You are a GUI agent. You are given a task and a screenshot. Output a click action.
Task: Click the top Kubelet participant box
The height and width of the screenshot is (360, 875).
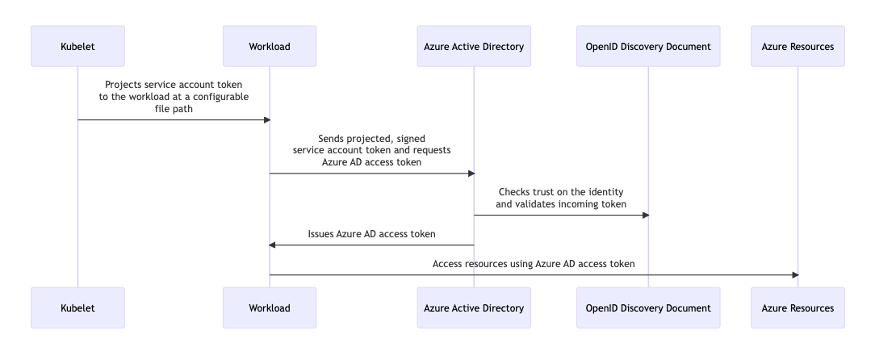77,46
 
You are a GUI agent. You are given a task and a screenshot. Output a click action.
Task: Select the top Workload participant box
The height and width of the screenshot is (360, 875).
270,46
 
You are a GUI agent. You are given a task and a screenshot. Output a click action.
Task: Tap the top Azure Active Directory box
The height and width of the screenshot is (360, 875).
474,46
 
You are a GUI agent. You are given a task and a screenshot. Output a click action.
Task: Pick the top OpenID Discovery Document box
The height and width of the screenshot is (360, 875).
648,46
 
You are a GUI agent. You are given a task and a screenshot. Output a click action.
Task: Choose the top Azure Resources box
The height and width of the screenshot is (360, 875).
798,46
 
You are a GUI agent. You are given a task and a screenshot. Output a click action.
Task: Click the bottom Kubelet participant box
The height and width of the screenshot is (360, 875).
77,308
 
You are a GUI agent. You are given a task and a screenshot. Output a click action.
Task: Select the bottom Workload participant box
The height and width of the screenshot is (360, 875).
270,308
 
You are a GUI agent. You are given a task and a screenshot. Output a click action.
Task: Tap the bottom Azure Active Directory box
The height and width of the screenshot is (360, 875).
474,308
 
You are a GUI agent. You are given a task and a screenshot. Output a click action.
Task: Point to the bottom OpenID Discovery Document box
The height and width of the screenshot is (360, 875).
648,308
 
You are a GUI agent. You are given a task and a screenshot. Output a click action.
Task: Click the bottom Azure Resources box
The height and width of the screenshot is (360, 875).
798,308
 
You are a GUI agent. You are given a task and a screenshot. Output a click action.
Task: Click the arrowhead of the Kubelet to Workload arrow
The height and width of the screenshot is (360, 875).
265,119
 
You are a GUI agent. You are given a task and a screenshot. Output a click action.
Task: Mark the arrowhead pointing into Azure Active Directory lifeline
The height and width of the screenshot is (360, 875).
469,173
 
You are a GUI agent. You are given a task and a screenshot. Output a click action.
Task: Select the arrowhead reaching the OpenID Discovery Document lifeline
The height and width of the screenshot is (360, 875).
643,215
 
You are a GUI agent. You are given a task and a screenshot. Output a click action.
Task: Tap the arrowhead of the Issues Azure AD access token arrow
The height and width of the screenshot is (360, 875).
274,245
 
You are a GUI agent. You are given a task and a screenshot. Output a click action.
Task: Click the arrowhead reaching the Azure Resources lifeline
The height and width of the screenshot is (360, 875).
793,274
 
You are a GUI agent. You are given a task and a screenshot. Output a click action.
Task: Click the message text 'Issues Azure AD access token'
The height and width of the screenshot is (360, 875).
371,234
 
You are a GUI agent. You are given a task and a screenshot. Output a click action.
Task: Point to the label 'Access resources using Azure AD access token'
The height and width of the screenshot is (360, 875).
534,264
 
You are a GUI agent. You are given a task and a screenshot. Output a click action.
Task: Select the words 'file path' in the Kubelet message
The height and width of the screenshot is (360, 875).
174,109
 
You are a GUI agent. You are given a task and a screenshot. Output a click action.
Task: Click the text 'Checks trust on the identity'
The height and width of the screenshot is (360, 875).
561,192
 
